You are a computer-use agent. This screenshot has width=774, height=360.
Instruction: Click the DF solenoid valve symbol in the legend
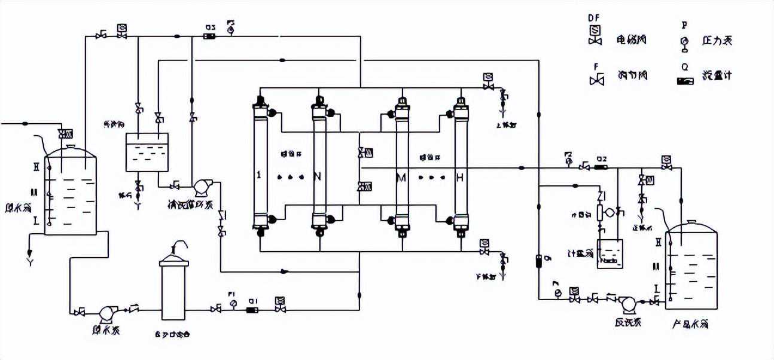tap(595, 35)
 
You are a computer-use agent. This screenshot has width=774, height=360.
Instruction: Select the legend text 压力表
tap(717, 41)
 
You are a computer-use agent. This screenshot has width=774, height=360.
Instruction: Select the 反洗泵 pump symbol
tap(629, 304)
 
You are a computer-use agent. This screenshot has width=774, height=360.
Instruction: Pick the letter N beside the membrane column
tap(317, 176)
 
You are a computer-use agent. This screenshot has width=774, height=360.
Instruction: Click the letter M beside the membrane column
tap(400, 178)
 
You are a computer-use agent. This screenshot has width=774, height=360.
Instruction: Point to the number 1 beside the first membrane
tap(258, 175)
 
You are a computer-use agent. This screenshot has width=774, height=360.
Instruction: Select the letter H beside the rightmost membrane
tap(459, 178)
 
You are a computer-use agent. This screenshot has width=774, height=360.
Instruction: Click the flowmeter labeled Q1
tap(252, 309)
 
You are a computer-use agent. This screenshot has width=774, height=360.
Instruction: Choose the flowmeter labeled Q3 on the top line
tap(210, 36)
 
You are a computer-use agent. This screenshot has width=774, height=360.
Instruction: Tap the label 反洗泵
tap(627, 322)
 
